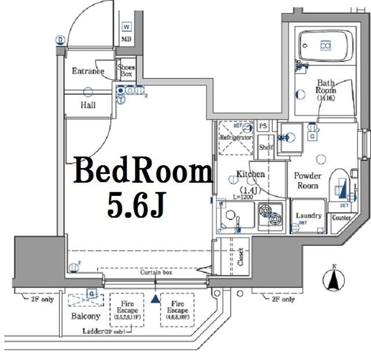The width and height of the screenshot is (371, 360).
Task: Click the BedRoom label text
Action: click(142, 172)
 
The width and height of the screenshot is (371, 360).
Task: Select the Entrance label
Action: click(88, 71)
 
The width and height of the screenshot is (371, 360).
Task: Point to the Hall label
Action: click(88, 106)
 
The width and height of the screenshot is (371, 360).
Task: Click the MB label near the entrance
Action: click(126, 39)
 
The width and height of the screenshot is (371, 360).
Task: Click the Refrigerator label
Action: click(235, 138)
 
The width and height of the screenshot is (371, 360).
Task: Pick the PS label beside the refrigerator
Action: click(263, 126)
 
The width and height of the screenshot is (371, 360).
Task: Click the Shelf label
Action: click(266, 147)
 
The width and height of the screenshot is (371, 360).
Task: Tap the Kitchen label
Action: click(250, 174)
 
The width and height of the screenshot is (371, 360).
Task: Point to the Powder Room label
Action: click(307, 181)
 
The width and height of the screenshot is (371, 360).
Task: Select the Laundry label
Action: click(308, 216)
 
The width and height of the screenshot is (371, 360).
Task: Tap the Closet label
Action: click(240, 257)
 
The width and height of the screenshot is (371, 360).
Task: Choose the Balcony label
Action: click(86, 317)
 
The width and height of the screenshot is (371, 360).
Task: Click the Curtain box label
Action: click(156, 272)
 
